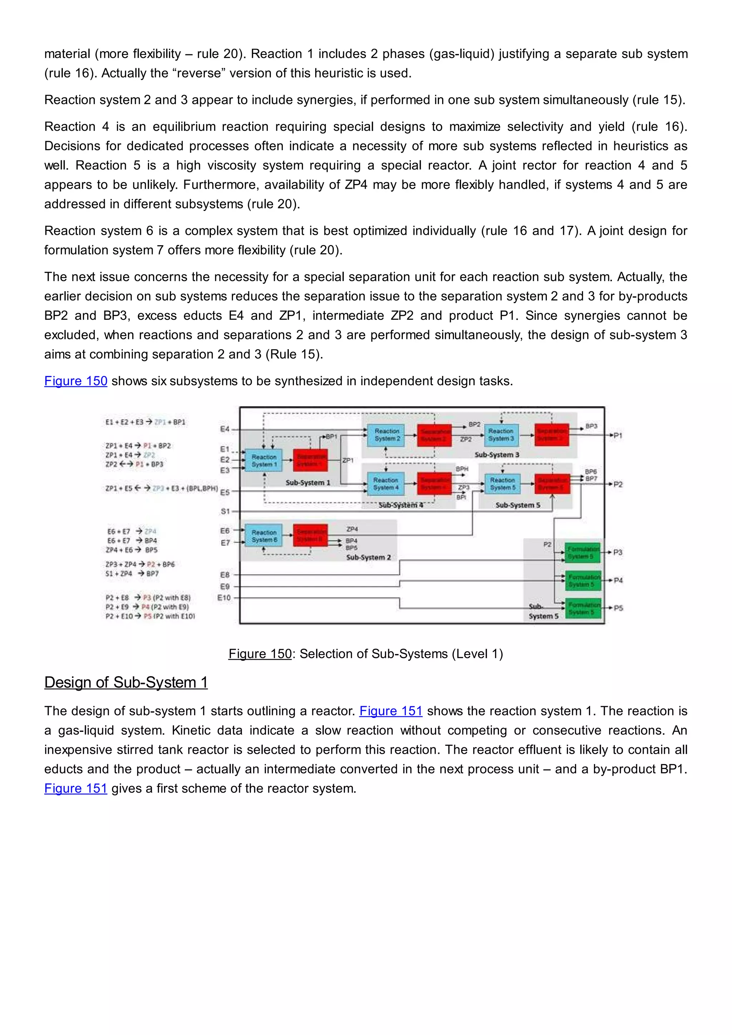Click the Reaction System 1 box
(x=264, y=460)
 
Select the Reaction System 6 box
(x=264, y=535)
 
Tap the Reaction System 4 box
(x=386, y=484)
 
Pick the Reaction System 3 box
(x=501, y=435)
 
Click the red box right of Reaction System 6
(x=310, y=535)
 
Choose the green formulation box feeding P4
(x=584, y=581)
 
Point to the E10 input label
(x=224, y=598)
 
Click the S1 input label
(x=225, y=511)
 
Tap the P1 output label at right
(x=618, y=435)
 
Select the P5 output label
(x=618, y=608)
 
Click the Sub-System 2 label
(x=368, y=558)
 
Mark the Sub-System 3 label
(x=497, y=455)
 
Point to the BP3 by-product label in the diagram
(x=592, y=426)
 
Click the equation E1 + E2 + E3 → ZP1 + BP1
(x=145, y=422)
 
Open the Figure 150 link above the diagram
(x=76, y=381)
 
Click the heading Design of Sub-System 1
(x=126, y=683)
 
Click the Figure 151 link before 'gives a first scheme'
(x=76, y=788)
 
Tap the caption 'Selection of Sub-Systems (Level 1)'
(x=401, y=654)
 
